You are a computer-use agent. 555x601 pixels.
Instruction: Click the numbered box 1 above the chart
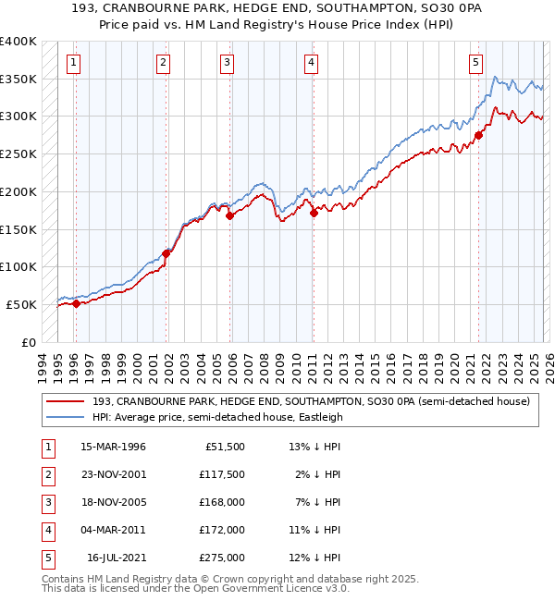pos(73,63)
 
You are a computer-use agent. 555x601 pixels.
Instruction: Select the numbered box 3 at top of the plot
pos(227,63)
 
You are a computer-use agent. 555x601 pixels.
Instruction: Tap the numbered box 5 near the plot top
pos(475,63)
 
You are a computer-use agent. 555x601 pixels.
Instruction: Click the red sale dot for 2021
pos(478,136)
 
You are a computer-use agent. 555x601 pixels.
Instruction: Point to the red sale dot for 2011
pos(314,213)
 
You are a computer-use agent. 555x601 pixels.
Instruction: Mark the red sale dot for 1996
pos(76,303)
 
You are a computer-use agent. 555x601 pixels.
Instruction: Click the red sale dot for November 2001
pos(166,253)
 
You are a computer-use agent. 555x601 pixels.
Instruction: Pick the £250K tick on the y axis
pos(18,154)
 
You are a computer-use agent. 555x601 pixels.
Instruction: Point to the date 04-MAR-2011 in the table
pos(114,530)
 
